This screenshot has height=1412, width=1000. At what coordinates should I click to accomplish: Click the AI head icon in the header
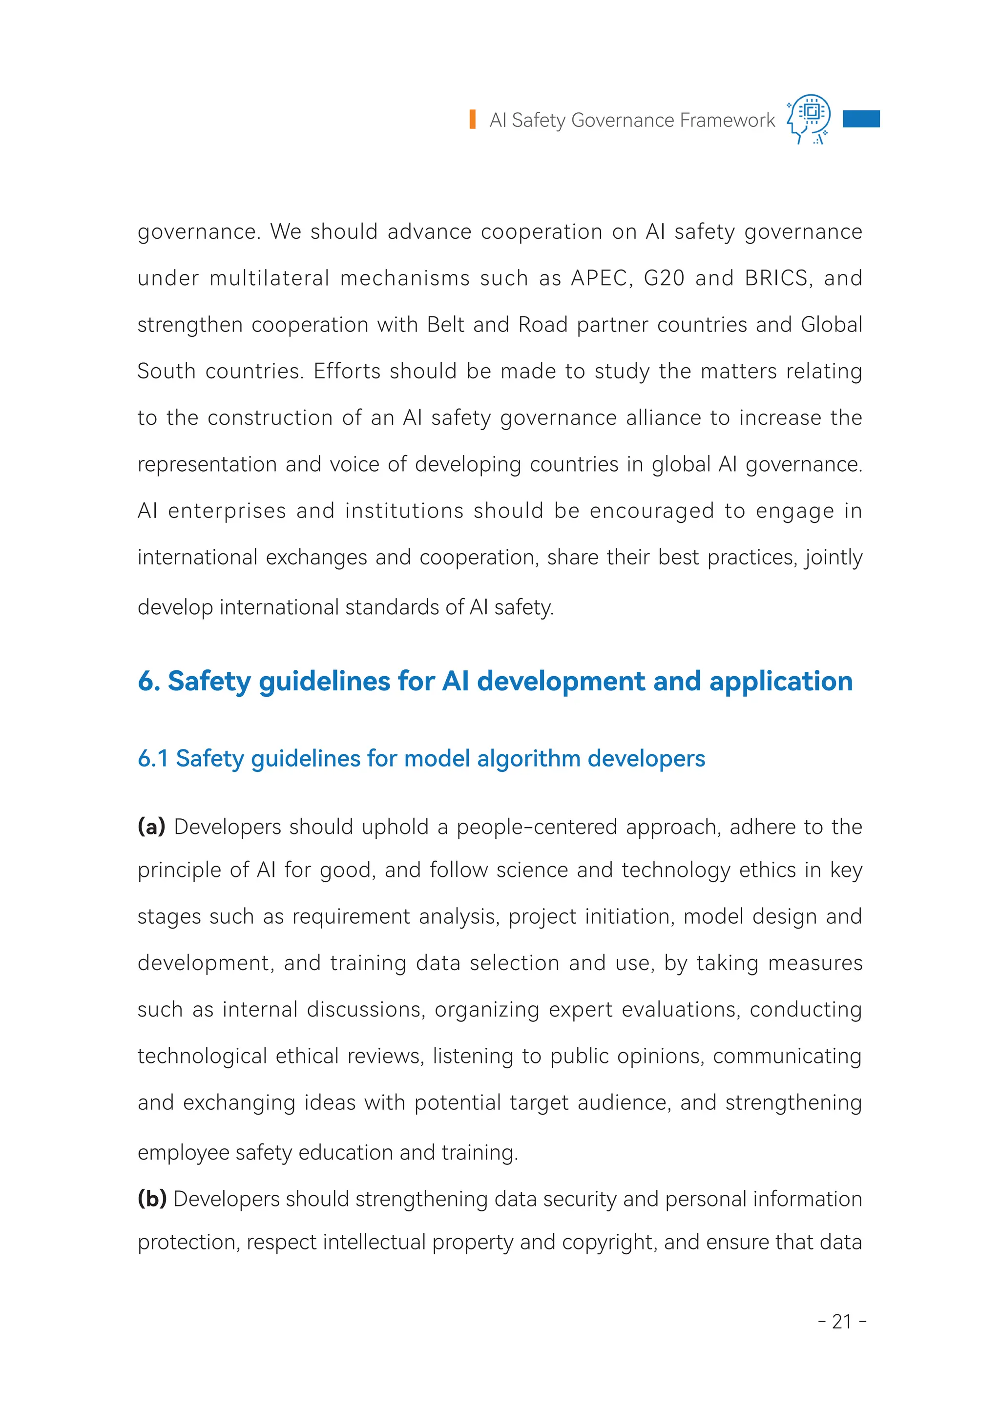coord(809,119)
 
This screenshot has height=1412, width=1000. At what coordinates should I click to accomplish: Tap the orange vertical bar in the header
coord(472,120)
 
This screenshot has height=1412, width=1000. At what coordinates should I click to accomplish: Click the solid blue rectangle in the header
coord(861,119)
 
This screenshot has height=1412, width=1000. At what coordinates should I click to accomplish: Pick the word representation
coord(207,465)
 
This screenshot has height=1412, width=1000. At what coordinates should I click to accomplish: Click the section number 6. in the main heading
coord(148,681)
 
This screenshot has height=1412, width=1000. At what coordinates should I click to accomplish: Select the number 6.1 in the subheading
coord(153,759)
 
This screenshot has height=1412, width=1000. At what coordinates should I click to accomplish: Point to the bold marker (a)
coord(151,827)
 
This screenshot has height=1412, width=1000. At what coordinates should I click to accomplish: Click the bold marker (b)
coord(152,1199)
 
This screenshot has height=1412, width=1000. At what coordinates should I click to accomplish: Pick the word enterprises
coord(227,511)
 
